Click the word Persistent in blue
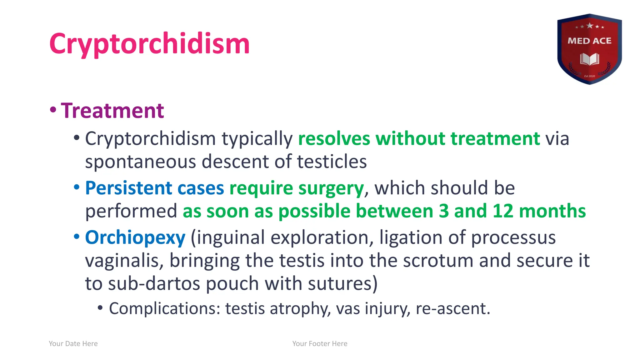[128, 188]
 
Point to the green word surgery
[331, 189]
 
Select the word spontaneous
[140, 162]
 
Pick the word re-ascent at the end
[452, 309]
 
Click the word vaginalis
[124, 261]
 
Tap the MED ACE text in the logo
[589, 41]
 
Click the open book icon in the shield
[589, 59]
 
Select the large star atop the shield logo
[590, 26]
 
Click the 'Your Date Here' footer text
[73, 344]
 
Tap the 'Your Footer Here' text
[320, 344]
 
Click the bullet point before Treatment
[53, 110]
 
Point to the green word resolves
[334, 139]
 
